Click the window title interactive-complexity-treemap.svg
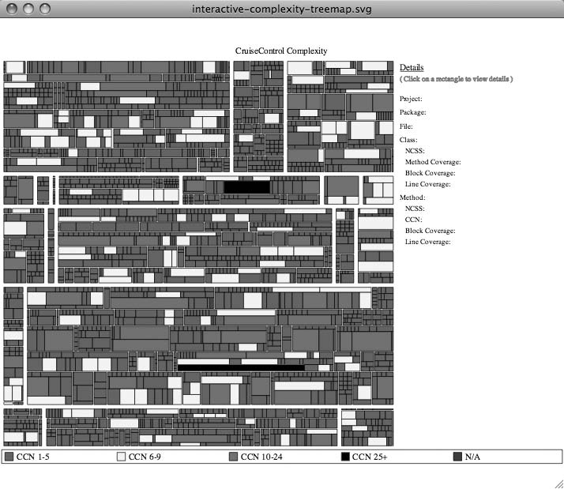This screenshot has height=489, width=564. tap(281, 9)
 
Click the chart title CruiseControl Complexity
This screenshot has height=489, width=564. tap(281, 51)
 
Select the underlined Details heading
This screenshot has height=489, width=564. tap(412, 68)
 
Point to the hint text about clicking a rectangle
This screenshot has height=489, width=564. tap(457, 79)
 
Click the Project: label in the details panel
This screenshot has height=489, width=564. tap(411, 99)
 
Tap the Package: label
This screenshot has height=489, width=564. tap(413, 112)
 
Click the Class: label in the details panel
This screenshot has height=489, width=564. tap(409, 139)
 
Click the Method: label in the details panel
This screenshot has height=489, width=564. tap(412, 197)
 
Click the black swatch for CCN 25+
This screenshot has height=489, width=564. tap(345, 457)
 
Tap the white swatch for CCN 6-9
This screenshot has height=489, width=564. tap(121, 457)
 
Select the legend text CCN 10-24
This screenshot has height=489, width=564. tap(261, 457)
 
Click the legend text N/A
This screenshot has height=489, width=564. tap(472, 457)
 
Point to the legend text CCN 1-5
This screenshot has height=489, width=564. tap(33, 457)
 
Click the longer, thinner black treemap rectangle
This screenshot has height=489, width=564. tap(241, 367)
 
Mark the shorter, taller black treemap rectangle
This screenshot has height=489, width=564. tap(246, 186)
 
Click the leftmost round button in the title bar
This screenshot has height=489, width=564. tap(13, 9)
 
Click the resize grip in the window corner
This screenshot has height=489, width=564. tap(558, 483)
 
